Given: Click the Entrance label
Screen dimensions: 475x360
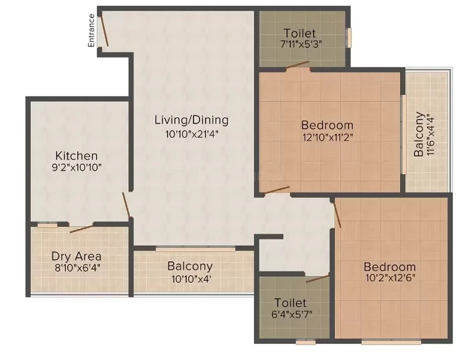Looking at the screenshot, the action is pyautogui.click(x=91, y=30).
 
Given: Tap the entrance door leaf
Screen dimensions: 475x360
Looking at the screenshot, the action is pyautogui.click(x=104, y=31).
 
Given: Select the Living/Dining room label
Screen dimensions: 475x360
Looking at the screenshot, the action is pyautogui.click(x=191, y=120).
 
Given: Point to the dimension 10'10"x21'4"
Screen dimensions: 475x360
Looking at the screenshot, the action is pyautogui.click(x=192, y=134).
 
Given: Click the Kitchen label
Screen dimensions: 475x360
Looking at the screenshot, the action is pyautogui.click(x=77, y=156).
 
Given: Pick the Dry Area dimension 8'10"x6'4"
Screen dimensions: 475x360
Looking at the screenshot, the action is pyautogui.click(x=77, y=268).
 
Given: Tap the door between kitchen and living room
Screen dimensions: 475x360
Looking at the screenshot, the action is pyautogui.click(x=126, y=205).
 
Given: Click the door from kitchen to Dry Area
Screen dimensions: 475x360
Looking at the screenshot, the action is pyautogui.click(x=81, y=229).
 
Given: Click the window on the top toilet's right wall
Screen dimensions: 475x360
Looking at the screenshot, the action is pyautogui.click(x=349, y=37).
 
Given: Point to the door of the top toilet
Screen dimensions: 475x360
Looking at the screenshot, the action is pyautogui.click(x=298, y=65).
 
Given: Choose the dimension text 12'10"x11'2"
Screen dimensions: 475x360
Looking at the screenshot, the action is pyautogui.click(x=328, y=138).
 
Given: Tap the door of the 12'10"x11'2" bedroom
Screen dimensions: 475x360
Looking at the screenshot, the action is pyautogui.click(x=277, y=190).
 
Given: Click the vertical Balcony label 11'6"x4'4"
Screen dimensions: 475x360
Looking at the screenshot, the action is pyautogui.click(x=423, y=134).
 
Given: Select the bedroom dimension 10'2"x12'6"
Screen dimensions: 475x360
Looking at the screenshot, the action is pyautogui.click(x=390, y=277).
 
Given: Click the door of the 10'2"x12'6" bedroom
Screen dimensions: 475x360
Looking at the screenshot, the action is pyautogui.click(x=337, y=214).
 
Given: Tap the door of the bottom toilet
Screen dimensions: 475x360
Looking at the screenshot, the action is pyautogui.click(x=317, y=279).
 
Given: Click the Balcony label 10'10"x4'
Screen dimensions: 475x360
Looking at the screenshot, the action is pyautogui.click(x=191, y=272).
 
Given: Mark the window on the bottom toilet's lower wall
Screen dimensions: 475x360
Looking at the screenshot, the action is pyautogui.click(x=306, y=342).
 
